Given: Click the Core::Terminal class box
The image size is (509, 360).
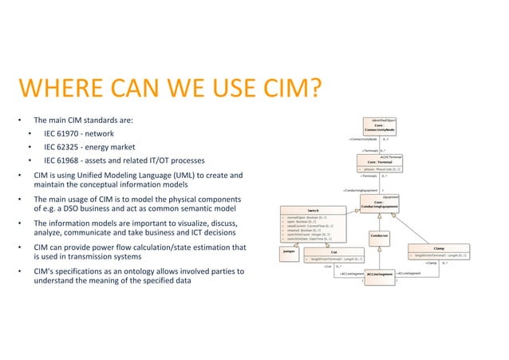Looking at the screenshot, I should click(378, 164).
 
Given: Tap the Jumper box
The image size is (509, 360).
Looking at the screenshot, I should click(289, 251).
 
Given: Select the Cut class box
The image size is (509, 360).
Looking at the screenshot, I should click(333, 255).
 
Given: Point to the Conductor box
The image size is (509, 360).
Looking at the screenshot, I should click(379, 235).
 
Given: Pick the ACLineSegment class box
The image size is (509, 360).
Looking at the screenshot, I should click(379, 273).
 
